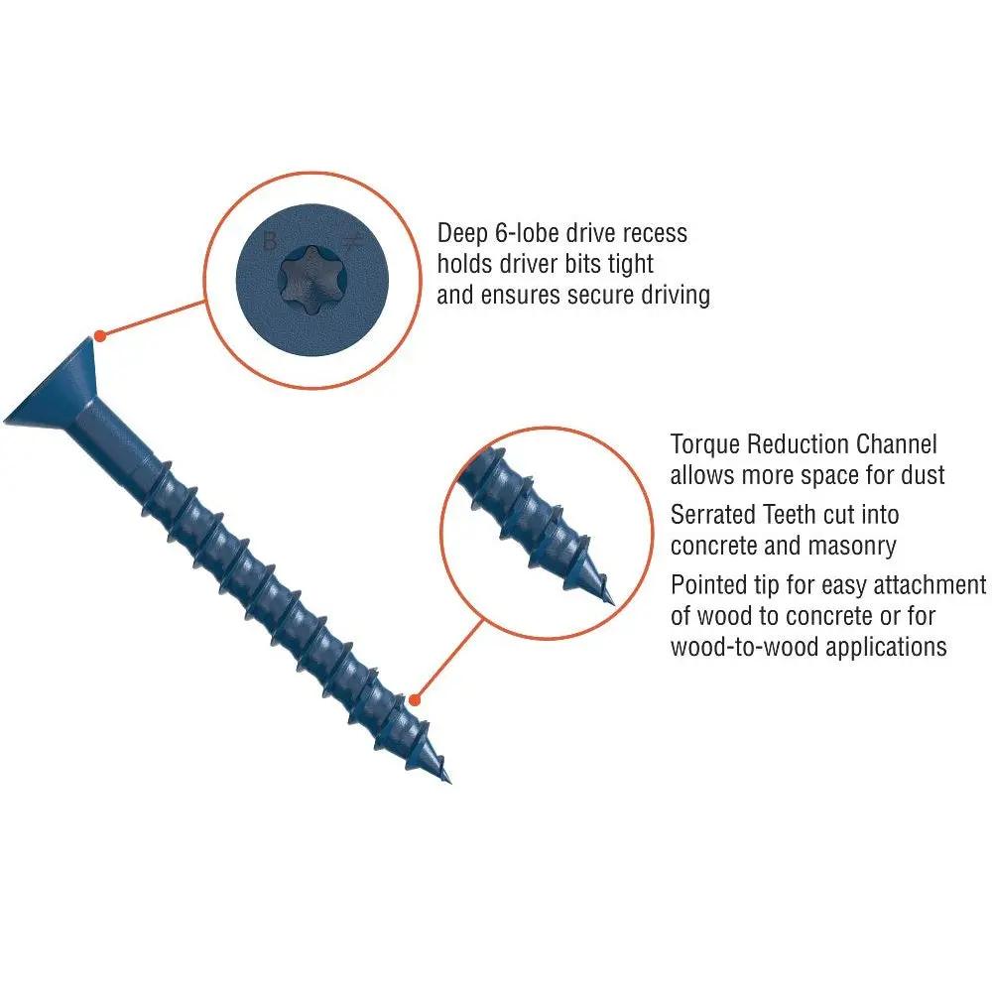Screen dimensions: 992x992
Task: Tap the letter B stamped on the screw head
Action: tap(269, 240)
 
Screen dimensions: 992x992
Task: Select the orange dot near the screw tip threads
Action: tap(415, 699)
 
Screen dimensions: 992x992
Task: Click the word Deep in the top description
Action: tap(465, 234)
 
